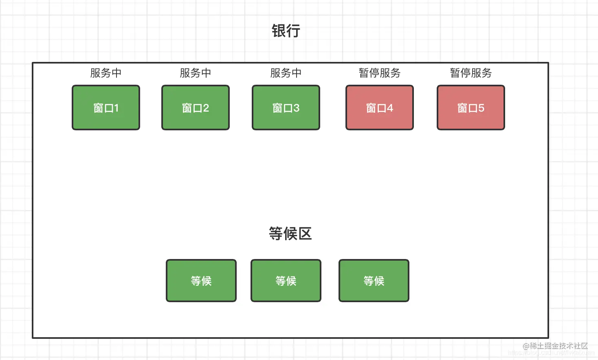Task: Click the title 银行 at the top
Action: tap(286, 31)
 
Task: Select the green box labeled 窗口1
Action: tap(106, 108)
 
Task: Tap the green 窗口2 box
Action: tap(196, 108)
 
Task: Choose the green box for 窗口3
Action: tap(286, 108)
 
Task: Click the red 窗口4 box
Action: tap(380, 108)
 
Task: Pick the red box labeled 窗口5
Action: tap(471, 108)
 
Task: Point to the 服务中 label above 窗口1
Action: tap(106, 73)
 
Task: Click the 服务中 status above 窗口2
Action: tap(196, 73)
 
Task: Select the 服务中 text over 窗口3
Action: tap(286, 73)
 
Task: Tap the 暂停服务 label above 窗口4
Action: tap(380, 73)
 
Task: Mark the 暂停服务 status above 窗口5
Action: tap(471, 73)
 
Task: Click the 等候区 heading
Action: tap(290, 234)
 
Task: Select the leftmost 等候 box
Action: tap(201, 281)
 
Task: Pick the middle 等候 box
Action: tap(286, 281)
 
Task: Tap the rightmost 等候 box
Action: tap(374, 281)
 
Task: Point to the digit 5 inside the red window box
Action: tap(481, 108)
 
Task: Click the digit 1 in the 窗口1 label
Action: tap(117, 108)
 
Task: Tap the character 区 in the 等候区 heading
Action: tap(305, 234)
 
